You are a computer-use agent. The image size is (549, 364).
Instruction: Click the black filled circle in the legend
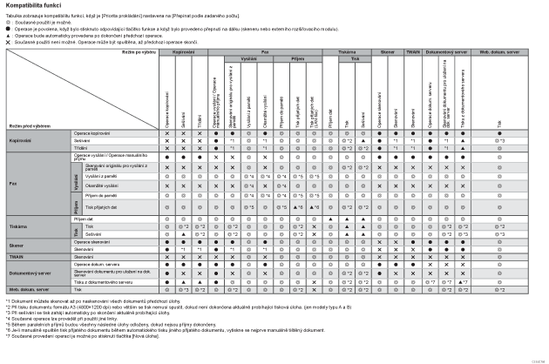point(9,28)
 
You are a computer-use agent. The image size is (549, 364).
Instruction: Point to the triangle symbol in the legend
point(9,35)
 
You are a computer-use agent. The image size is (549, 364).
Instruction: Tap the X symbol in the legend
point(9,41)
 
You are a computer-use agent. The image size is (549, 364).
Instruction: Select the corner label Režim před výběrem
point(27,127)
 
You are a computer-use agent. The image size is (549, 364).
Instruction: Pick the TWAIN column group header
point(413,53)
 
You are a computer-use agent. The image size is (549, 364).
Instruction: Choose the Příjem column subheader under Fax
point(298,60)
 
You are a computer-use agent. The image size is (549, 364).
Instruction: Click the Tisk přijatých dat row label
point(101,207)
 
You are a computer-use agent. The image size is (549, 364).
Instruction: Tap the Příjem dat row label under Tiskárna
point(97,219)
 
